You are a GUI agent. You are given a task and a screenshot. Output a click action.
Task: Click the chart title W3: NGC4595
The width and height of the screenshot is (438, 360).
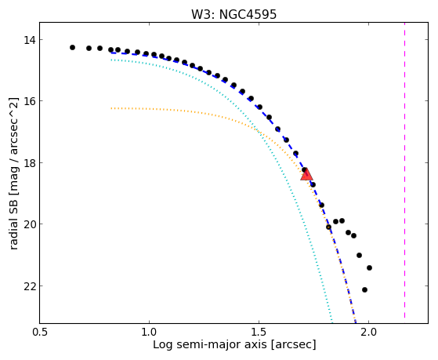point(233,14)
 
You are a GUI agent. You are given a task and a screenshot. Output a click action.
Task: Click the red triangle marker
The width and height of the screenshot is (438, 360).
point(306,174)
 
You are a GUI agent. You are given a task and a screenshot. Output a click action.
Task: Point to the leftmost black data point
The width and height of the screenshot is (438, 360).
point(72,47)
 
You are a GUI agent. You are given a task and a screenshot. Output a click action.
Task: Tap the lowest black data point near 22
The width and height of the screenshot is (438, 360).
point(364,289)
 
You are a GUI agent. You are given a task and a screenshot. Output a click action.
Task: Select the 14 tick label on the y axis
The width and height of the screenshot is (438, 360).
point(30,40)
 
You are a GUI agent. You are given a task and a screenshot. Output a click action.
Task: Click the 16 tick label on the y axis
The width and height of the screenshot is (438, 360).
point(30,100)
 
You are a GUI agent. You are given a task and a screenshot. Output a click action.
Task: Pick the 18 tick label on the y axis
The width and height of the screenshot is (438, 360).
point(30,162)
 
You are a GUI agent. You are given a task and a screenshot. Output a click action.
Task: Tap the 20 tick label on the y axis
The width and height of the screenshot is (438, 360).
point(30,224)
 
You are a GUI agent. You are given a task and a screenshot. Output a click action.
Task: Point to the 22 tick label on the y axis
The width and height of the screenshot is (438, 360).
point(30,285)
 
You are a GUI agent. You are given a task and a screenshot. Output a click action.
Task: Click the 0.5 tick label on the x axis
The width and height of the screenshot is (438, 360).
point(40,333)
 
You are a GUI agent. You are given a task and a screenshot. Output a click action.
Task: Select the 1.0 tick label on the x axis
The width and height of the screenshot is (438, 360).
point(149,333)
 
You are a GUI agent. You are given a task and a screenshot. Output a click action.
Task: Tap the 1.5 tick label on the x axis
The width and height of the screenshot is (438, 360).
point(259,333)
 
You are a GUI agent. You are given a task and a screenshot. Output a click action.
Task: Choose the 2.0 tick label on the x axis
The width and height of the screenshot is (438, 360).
point(369,333)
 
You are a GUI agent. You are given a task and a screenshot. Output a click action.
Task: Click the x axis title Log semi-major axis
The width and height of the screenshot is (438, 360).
point(209,344)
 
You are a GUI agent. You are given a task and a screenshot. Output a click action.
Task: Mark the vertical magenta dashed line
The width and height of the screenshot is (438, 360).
point(404,170)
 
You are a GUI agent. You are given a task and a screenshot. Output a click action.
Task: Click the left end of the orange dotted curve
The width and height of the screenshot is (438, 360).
point(111,108)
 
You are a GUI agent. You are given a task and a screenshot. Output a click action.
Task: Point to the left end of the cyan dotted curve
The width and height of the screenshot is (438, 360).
point(111,60)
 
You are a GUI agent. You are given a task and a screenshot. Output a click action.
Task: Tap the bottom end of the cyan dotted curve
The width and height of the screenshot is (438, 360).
point(332,322)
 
